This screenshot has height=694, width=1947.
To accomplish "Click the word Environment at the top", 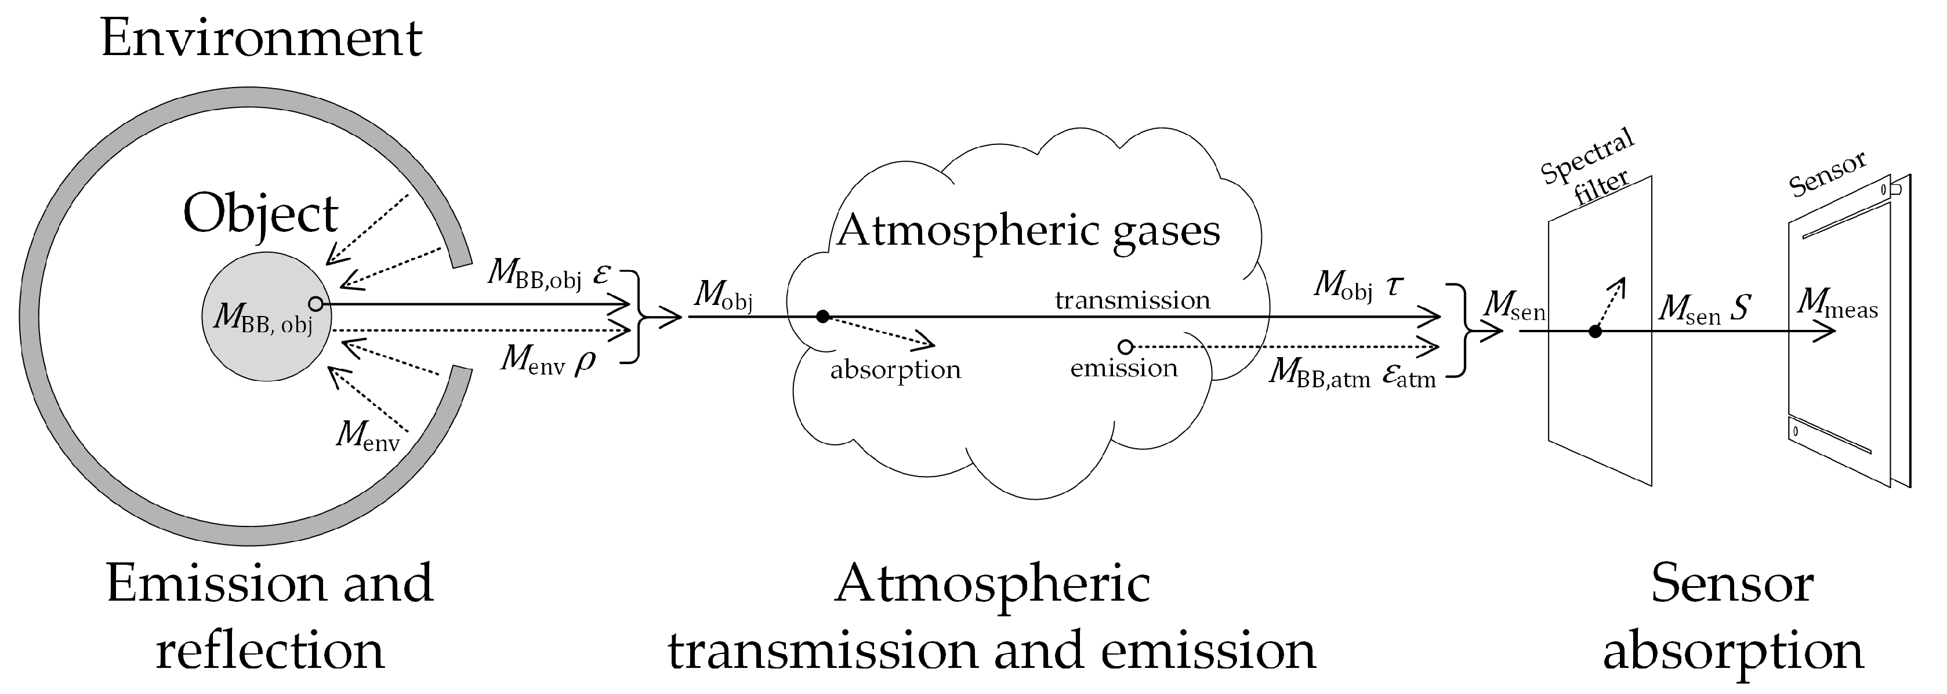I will tap(261, 39).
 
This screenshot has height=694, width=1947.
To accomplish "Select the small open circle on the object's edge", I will tap(316, 304).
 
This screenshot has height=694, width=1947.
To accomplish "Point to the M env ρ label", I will tap(548, 359).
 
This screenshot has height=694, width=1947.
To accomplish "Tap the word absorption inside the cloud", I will tap(895, 370).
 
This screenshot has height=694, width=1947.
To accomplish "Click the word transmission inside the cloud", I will tap(1132, 300).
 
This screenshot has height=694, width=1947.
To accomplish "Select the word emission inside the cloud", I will tap(1124, 369).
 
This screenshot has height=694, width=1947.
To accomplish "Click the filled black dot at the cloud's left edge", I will tap(823, 317).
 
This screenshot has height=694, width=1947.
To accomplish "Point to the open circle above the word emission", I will tap(1125, 347).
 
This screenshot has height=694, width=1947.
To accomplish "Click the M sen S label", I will tap(1705, 310).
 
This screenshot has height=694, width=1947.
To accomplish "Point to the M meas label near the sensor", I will tap(1837, 304).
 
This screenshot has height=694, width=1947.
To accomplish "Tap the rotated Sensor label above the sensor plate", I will tap(1828, 175).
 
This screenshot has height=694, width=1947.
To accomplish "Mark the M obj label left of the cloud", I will tap(723, 295).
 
